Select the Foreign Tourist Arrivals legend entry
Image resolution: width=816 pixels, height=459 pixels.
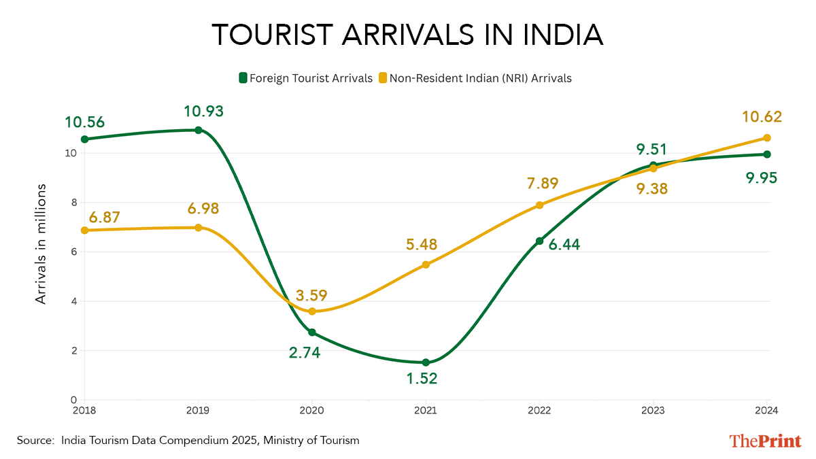pyautogui.click(x=305, y=78)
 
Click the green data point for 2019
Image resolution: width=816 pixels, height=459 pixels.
pyautogui.click(x=199, y=130)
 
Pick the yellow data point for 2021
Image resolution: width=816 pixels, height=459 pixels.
pyautogui.click(x=426, y=265)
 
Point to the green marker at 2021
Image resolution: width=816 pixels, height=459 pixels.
pyautogui.click(x=426, y=362)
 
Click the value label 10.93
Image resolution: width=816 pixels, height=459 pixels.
pyautogui.click(x=203, y=111)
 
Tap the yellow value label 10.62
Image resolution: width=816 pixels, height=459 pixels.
pyautogui.click(x=762, y=117)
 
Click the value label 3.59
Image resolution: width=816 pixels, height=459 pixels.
pyautogui.click(x=311, y=296)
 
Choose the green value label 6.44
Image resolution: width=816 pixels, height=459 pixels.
pyautogui.click(x=564, y=245)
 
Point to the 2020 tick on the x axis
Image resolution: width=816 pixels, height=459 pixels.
pyautogui.click(x=311, y=410)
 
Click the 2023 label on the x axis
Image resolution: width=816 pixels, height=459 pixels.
pyautogui.click(x=653, y=410)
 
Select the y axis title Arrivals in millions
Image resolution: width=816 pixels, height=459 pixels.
pyautogui.click(x=41, y=243)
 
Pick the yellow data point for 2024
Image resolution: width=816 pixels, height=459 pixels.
pyautogui.click(x=766, y=138)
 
